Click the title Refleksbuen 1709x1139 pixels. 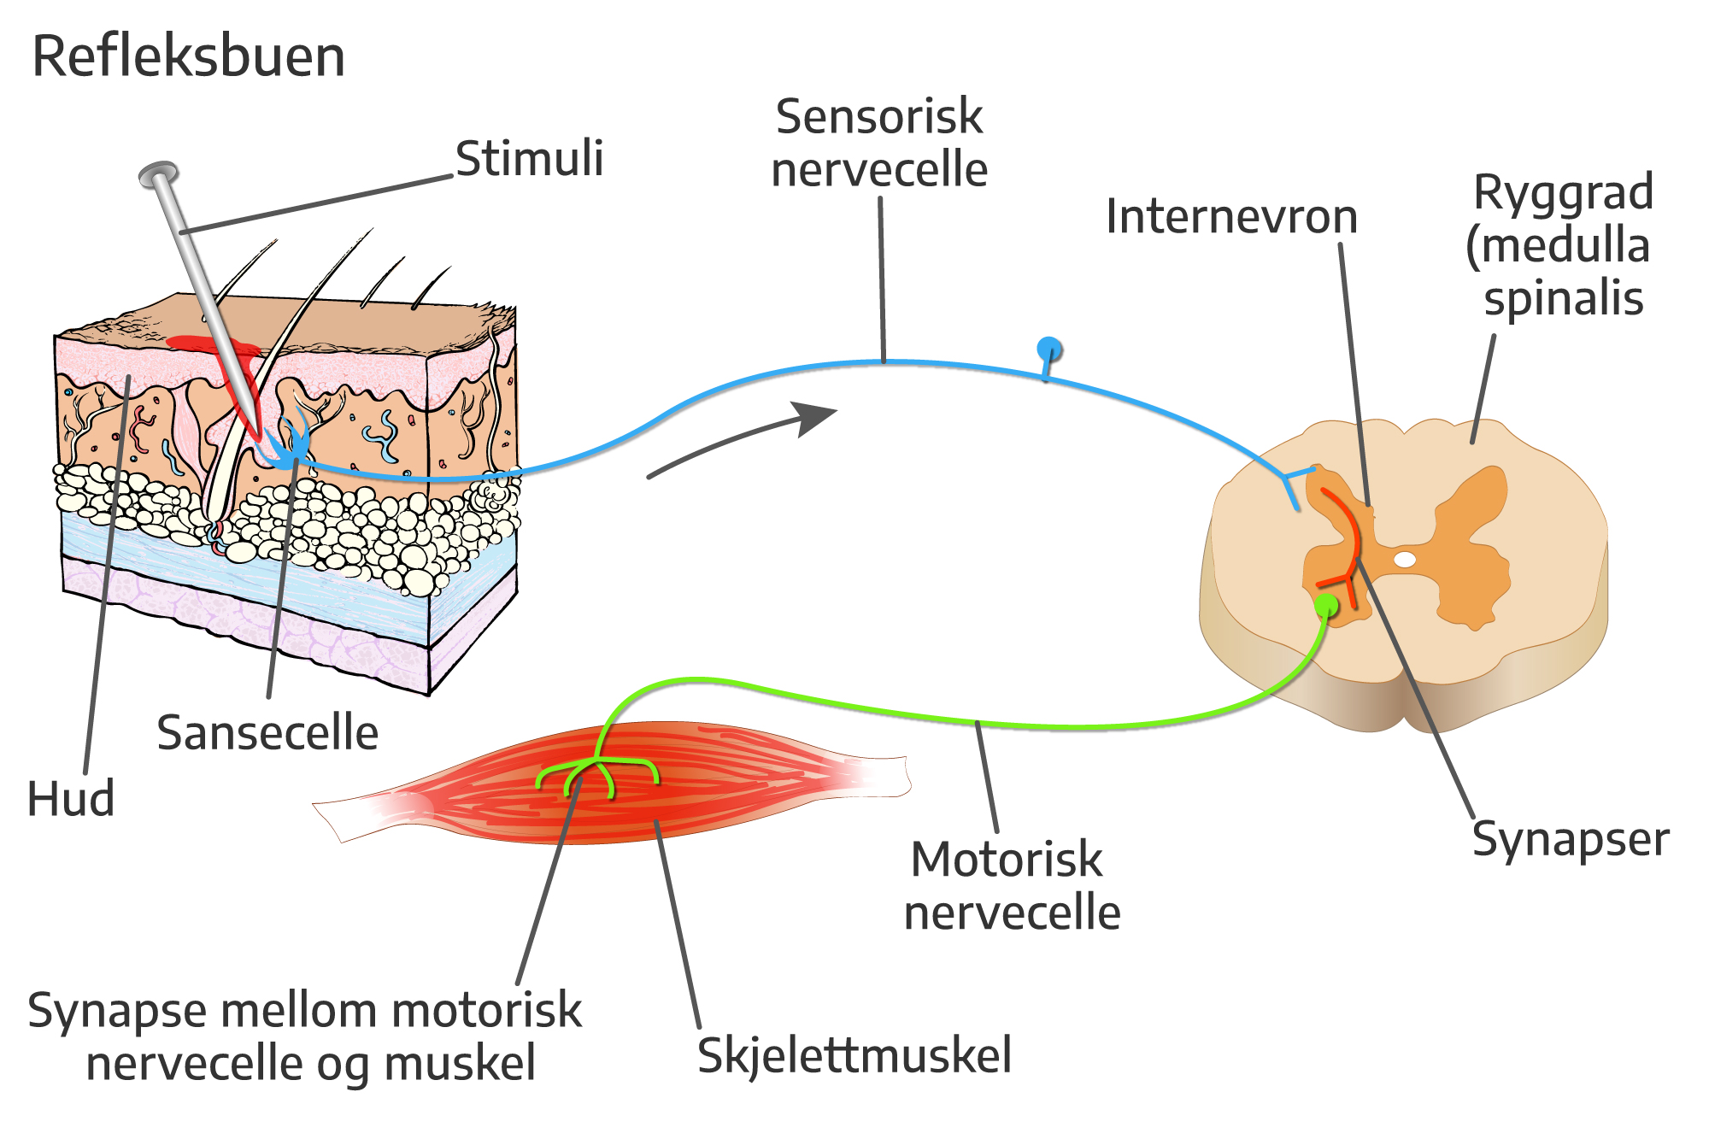pyautogui.click(x=188, y=56)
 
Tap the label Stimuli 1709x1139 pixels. pyautogui.click(x=529, y=159)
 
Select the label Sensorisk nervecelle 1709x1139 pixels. pyautogui.click(x=879, y=143)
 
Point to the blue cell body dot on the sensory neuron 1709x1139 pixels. pyautogui.click(x=1049, y=349)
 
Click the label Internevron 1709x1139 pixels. pyautogui.click(x=1231, y=216)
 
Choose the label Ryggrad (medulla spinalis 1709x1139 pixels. pyautogui.click(x=1560, y=245)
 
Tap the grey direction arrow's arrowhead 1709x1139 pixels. pyautogui.click(x=816, y=417)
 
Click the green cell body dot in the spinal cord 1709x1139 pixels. pyautogui.click(x=1326, y=606)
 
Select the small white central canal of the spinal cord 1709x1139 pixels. pyautogui.click(x=1405, y=560)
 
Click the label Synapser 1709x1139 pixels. pyautogui.click(x=1570, y=839)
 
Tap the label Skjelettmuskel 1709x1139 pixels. pyautogui.click(x=854, y=1055)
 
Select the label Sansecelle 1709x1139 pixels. pyautogui.click(x=267, y=733)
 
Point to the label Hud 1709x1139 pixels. pyautogui.click(x=71, y=800)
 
